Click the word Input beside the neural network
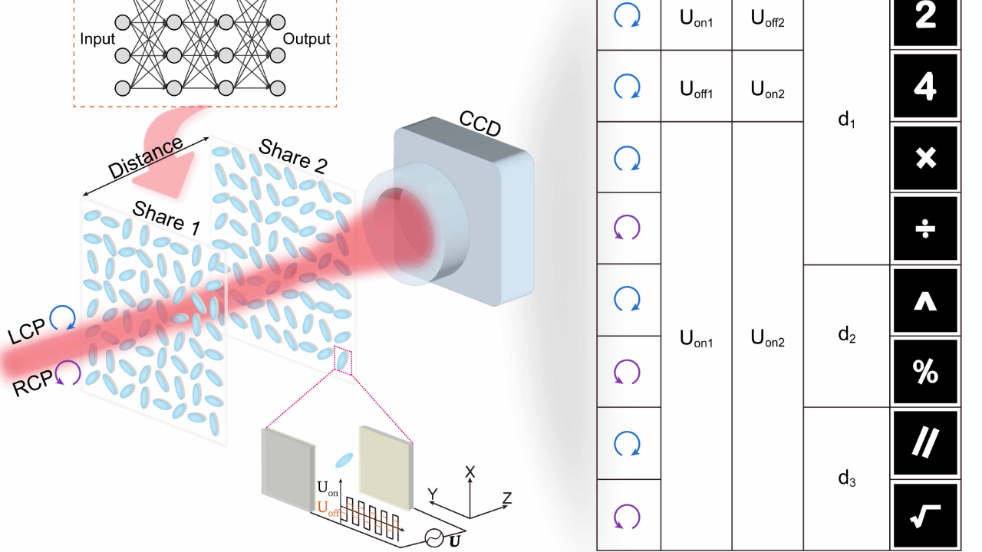97,39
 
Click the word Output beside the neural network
307,39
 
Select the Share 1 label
166,215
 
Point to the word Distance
146,159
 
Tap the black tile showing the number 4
925,87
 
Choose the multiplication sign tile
925,158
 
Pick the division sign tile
925,228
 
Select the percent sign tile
925,372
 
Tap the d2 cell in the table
846,335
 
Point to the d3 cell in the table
846,479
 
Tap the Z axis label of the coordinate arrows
506,498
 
